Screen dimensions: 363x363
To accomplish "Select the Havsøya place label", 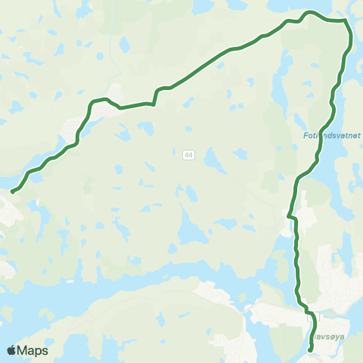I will [x=324, y=330].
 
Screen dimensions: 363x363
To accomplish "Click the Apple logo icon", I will [x=12, y=350].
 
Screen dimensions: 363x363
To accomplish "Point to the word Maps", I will [x=33, y=350].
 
